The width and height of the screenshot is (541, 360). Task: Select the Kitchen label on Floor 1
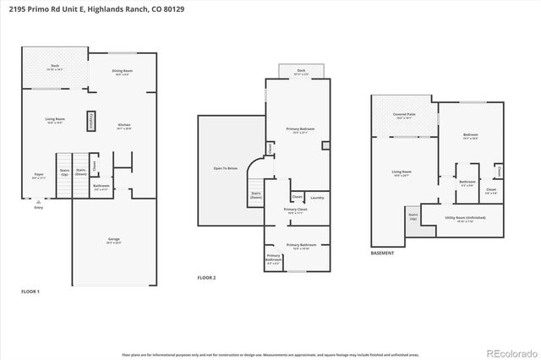[123, 125]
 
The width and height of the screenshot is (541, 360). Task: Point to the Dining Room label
[123, 72]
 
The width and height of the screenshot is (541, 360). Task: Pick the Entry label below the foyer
[37, 207]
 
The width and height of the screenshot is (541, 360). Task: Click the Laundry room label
[317, 198]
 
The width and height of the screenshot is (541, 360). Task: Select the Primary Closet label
[295, 210]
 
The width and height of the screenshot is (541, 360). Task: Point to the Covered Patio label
[403, 114]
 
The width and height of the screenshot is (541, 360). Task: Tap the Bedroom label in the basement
[471, 135]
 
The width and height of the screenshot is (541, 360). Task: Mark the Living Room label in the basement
[402, 172]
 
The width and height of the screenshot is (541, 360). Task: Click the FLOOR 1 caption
[30, 291]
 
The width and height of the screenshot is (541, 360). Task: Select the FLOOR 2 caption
[207, 278]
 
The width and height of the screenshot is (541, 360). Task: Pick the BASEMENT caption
[383, 254]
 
